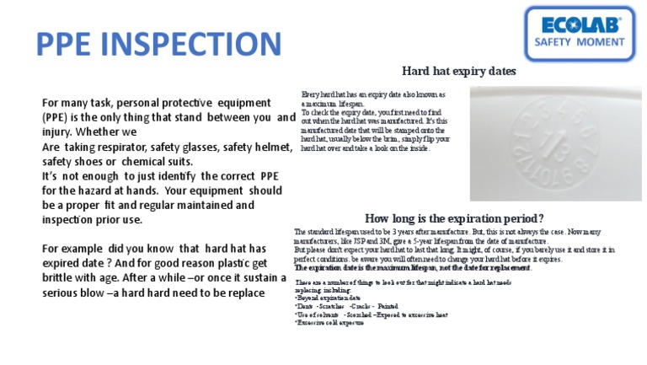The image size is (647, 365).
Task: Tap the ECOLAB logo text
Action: point(580,24)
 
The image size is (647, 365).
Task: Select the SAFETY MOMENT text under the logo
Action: point(580,42)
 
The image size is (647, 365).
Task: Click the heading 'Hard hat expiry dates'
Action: point(458,72)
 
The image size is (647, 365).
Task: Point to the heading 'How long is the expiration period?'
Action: point(454,218)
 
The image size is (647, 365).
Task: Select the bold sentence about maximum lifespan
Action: point(413,267)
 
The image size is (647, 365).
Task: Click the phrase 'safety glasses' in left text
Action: point(182,148)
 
